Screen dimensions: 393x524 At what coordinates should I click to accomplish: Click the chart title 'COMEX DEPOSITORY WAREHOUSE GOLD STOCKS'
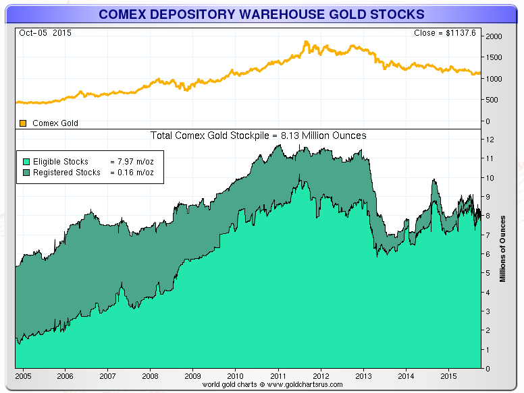click(x=261, y=13)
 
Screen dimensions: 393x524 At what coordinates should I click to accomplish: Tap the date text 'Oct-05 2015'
click(x=45, y=32)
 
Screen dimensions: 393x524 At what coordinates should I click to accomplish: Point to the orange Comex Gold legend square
click(x=22, y=123)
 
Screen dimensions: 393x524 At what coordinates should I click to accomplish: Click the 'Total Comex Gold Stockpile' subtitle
click(x=258, y=135)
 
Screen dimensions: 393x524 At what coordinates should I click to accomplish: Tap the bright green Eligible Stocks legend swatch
click(x=26, y=162)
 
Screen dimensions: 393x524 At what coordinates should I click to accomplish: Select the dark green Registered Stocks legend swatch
click(x=26, y=172)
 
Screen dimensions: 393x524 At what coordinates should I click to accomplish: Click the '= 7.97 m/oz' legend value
click(x=133, y=162)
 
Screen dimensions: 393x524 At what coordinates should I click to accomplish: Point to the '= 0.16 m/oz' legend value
click(x=133, y=172)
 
